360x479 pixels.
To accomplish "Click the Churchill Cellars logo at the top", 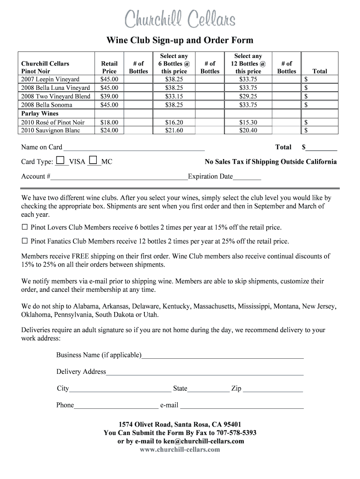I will [180, 20].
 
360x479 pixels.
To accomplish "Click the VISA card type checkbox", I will [59, 160].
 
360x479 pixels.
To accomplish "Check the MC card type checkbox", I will [93, 160].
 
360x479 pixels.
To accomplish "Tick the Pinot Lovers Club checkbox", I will [25, 227].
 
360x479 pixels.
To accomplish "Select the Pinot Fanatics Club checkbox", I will [25, 241].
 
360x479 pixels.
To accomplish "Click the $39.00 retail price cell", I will [109, 96].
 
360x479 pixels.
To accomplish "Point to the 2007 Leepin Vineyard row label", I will [50, 79].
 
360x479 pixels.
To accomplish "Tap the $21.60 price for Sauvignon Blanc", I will [174, 131].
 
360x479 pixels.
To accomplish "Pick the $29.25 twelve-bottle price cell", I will [248, 96].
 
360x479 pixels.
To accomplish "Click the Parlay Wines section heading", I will [40, 114].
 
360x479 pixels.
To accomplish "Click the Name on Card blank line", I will [134, 148].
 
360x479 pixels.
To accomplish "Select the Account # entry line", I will [119, 177].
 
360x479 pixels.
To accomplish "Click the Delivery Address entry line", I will [205, 372].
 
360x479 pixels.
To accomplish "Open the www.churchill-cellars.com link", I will [180, 450].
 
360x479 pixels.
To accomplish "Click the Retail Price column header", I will [109, 67].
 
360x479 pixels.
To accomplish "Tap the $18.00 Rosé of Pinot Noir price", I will [109, 122].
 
